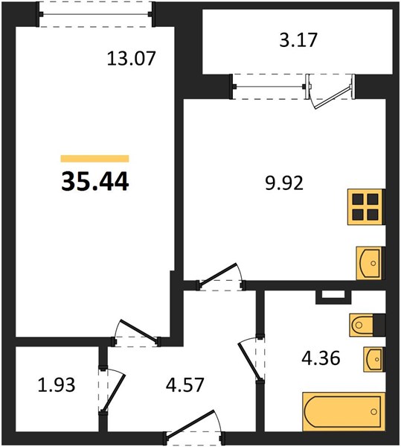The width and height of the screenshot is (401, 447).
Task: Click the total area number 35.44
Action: coord(95,182)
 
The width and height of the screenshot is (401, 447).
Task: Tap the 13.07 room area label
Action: coord(131,58)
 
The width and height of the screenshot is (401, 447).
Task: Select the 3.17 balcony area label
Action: coord(298,40)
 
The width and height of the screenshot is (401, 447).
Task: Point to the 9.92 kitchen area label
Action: coord(284,183)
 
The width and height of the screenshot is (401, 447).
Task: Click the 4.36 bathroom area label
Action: coord(321,358)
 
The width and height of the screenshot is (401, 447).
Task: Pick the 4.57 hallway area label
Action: coord(185,384)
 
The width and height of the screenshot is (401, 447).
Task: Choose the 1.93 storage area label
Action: coord(57,384)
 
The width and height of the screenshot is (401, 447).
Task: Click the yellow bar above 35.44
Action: coord(94,158)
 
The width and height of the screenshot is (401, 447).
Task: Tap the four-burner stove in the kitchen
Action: coord(366,207)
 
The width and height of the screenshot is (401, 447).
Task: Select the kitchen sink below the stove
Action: coord(370,263)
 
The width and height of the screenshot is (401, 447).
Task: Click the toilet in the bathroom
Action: coord(367,325)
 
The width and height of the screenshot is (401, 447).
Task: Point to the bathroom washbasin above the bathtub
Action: coord(374,360)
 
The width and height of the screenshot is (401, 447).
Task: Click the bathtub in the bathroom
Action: coord(344,411)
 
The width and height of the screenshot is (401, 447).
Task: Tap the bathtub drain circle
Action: coord(373,411)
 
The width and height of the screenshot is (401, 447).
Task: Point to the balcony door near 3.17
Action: coord(331,91)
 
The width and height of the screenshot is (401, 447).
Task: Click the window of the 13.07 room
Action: coord(96,14)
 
